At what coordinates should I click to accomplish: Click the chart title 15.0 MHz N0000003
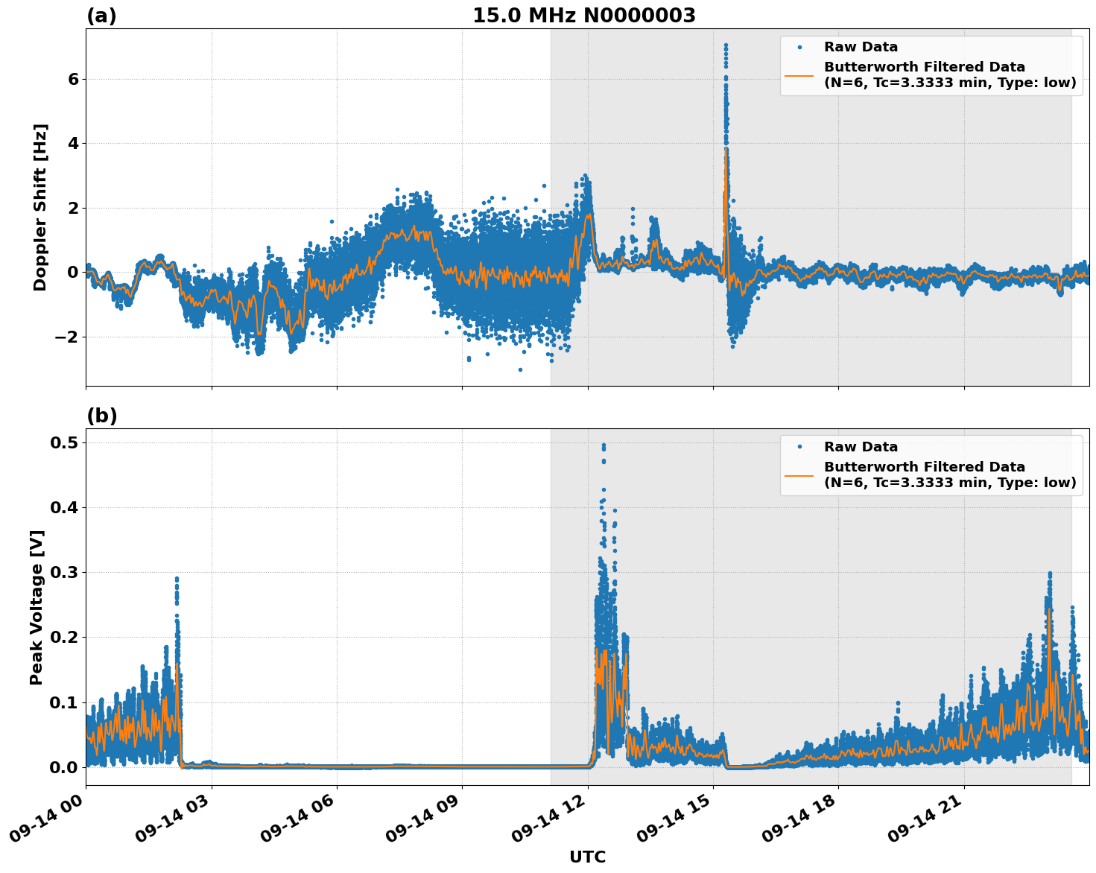pyautogui.click(x=583, y=16)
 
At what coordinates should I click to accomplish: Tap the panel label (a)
pyautogui.click(x=101, y=16)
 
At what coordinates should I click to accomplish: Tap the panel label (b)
pyautogui.click(x=101, y=416)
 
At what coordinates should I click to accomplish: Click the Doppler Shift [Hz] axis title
pyautogui.click(x=40, y=207)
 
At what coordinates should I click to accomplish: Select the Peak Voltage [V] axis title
pyautogui.click(x=37, y=607)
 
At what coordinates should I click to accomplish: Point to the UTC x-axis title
pyautogui.click(x=587, y=857)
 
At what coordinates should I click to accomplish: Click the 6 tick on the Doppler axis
pyautogui.click(x=73, y=79)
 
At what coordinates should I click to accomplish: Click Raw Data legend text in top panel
pyautogui.click(x=861, y=47)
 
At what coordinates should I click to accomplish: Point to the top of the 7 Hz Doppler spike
pyautogui.click(x=725, y=45)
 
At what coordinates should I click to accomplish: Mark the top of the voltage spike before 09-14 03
pyautogui.click(x=177, y=578)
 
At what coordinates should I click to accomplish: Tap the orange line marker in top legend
pyautogui.click(x=799, y=74)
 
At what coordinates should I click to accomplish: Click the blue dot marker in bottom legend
pyautogui.click(x=799, y=447)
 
